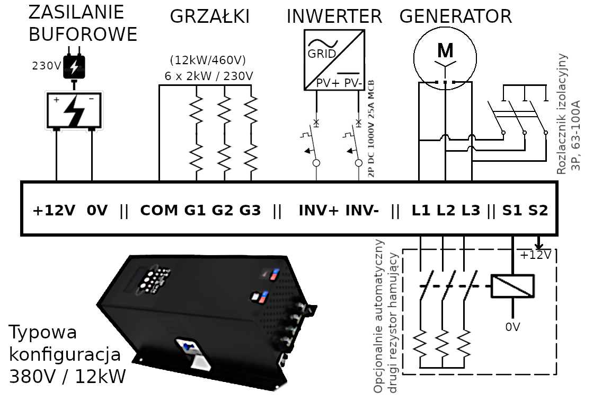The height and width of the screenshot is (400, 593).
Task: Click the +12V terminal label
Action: (55, 211)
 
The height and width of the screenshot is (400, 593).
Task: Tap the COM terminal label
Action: (159, 211)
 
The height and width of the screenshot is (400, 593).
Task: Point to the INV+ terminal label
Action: (318, 211)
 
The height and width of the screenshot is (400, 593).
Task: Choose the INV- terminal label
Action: (362, 211)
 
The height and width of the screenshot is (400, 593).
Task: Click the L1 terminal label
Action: (422, 211)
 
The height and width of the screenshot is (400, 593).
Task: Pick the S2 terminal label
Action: (538, 211)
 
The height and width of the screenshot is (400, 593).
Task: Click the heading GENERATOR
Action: (455, 16)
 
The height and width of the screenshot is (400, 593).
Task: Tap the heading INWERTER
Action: (334, 16)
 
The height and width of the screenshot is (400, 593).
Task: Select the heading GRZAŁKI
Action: (209, 16)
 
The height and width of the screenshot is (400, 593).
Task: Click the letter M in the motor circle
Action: (446, 50)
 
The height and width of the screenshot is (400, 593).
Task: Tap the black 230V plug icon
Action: (74, 67)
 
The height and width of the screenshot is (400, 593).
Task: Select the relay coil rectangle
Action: (512, 286)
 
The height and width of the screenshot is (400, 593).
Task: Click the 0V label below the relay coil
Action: (512, 327)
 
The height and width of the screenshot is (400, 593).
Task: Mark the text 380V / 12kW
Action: (68, 376)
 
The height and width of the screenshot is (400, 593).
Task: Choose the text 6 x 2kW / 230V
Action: (209, 76)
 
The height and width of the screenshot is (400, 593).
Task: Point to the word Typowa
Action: (43, 333)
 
